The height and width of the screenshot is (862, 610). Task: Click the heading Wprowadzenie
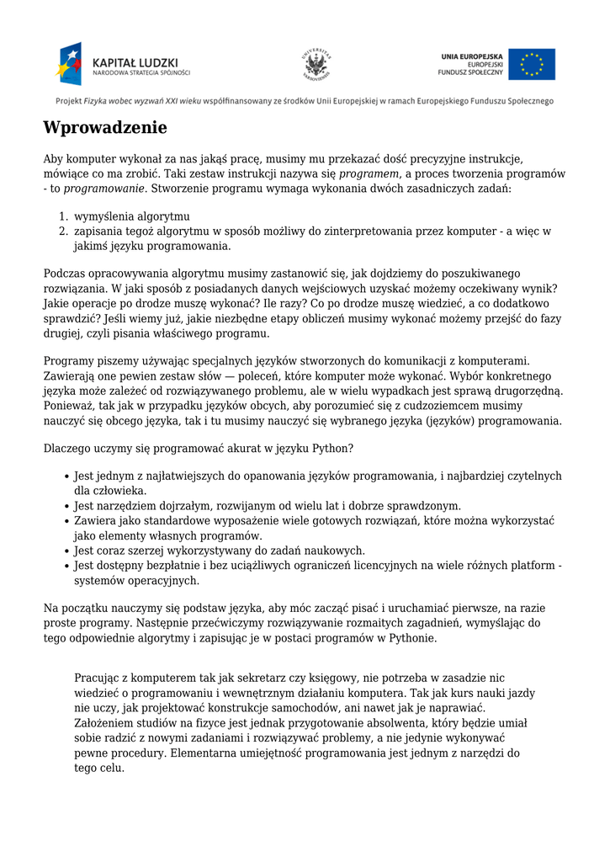[x=105, y=129]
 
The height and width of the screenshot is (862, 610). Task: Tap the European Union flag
[x=531, y=64]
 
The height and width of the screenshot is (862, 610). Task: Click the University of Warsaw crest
[x=316, y=65]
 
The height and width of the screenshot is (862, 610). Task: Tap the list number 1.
[x=63, y=215]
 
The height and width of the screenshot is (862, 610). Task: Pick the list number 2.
[x=63, y=231]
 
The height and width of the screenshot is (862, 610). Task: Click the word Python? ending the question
[x=332, y=449]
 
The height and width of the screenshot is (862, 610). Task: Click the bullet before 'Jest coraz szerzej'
[x=66, y=551]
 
